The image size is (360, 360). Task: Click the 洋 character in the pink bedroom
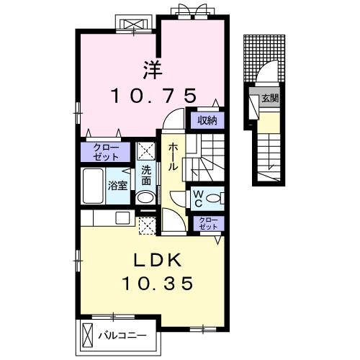pyautogui.click(x=153, y=70)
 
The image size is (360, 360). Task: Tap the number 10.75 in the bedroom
pyautogui.click(x=153, y=96)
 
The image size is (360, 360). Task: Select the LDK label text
pyautogui.click(x=158, y=261)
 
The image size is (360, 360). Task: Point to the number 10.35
pyautogui.click(x=158, y=283)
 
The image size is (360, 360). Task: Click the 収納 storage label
pyautogui.click(x=207, y=120)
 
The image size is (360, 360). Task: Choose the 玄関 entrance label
pyautogui.click(x=270, y=98)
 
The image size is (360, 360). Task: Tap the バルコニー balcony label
pyautogui.click(x=122, y=336)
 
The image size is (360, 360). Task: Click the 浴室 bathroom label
pyautogui.click(x=117, y=186)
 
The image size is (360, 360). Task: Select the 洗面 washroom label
pyautogui.click(x=146, y=176)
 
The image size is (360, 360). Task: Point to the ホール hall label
pyautogui.click(x=173, y=157)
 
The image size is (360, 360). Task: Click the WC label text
pyautogui.click(x=198, y=198)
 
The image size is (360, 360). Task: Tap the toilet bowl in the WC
pyautogui.click(x=214, y=199)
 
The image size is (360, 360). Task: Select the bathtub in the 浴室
pyautogui.click(x=93, y=186)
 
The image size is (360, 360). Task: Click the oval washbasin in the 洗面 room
pyautogui.click(x=145, y=198)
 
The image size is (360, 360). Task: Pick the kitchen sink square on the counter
pyautogui.click(x=122, y=218)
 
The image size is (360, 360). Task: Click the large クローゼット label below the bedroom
pyautogui.click(x=106, y=152)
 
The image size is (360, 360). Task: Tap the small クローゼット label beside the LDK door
pyautogui.click(x=208, y=223)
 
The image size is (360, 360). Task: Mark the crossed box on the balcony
pyautogui.click(x=87, y=335)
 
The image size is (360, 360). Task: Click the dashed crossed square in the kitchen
pyautogui.click(x=148, y=226)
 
